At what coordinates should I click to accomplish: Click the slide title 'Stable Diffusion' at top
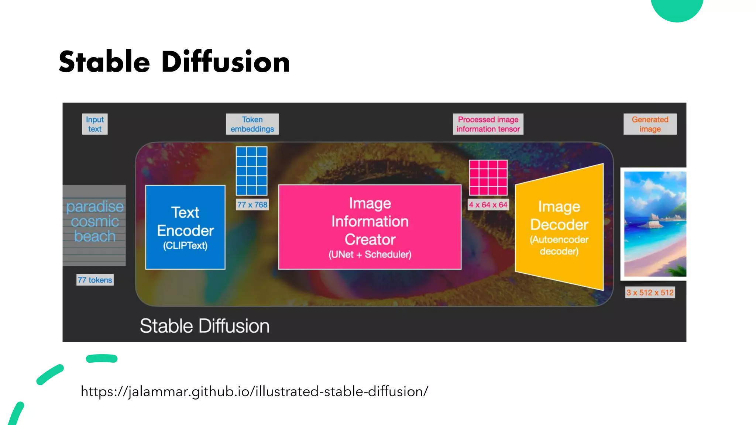174,62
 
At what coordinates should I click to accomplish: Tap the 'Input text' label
95,124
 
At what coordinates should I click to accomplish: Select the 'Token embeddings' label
252,124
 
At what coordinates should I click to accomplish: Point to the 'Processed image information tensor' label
488,124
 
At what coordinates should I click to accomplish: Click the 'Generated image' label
650,124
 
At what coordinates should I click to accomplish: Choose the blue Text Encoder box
185,227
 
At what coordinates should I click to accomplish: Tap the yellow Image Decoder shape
559,227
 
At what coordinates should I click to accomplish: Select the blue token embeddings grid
252,171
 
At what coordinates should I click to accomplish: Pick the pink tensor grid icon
488,177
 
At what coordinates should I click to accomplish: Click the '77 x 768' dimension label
252,205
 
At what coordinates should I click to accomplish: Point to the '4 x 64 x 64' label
488,205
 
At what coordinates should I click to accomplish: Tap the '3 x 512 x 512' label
650,293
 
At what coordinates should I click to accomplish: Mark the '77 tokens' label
95,280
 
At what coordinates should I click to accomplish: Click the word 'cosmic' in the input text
95,222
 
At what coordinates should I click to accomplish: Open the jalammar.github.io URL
254,391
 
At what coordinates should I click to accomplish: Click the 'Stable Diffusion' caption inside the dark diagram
205,326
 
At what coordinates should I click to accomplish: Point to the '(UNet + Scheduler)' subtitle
370,255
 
